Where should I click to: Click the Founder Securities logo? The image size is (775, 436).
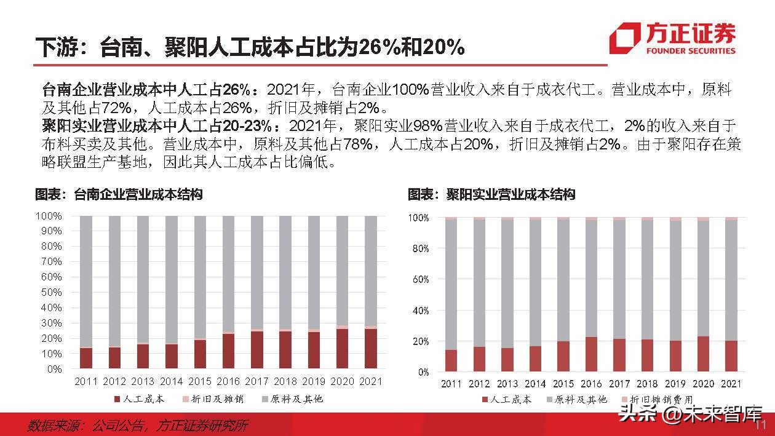[x=672, y=39]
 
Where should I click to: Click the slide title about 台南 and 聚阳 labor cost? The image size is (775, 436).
[x=249, y=47]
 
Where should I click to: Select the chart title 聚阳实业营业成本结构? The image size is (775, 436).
[x=491, y=195]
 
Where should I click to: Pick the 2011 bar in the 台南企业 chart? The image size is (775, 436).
[x=86, y=292]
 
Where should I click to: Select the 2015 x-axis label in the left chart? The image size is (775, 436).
[x=200, y=382]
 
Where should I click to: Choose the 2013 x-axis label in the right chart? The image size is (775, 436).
[x=507, y=384]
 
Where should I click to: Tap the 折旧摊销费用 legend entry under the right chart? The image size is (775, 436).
[x=659, y=400]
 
